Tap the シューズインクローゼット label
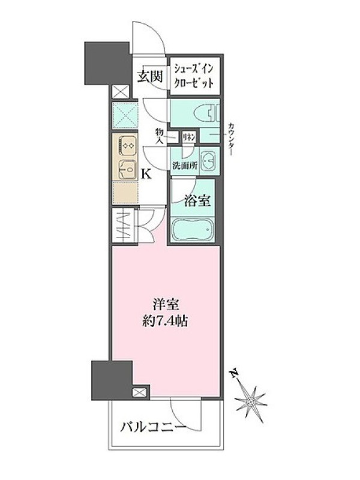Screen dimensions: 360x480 (x=193, y=76)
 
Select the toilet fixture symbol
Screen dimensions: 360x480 (x=207, y=114)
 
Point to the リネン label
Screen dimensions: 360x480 (x=190, y=137)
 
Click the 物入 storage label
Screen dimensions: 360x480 (x=159, y=136)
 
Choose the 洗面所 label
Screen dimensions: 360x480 (x=185, y=166)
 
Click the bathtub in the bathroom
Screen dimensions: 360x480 (x=192, y=230)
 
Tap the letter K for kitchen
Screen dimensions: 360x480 (x=146, y=175)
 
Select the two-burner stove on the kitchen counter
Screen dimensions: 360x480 (x=127, y=146)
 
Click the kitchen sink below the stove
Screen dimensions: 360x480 (x=127, y=170)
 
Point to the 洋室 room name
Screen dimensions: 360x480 (x=166, y=305)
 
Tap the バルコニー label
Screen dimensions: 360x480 (x=153, y=427)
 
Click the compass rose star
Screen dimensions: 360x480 (x=251, y=401)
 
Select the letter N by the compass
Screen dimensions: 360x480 (x=235, y=374)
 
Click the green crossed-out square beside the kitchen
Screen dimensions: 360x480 (x=125, y=115)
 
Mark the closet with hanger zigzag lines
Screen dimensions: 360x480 (x=123, y=226)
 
